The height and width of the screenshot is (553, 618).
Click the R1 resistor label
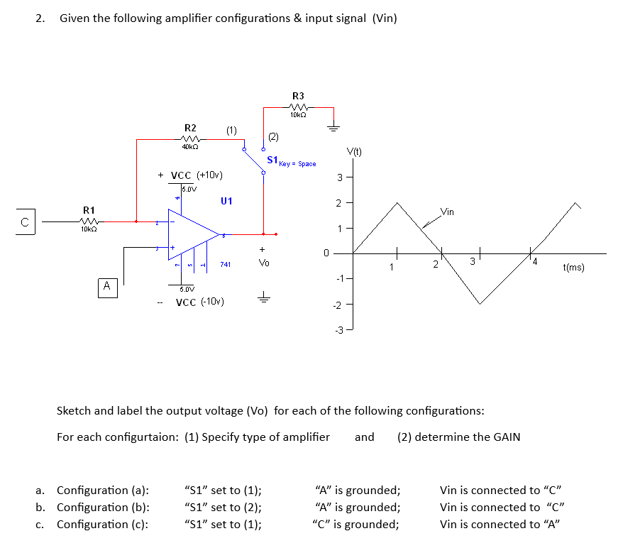(89, 210)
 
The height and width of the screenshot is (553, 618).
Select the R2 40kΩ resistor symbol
(189, 138)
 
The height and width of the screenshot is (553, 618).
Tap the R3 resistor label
(298, 96)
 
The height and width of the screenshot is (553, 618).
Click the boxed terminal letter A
(106, 286)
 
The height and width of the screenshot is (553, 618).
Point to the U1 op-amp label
(226, 201)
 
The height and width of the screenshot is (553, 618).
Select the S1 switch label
(272, 160)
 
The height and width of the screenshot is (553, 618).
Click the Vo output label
(264, 263)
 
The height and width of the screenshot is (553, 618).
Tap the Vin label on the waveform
(448, 212)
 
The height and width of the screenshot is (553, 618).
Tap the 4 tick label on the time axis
(536, 262)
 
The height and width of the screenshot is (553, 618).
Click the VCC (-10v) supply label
(200, 302)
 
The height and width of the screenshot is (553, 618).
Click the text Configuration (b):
(102, 507)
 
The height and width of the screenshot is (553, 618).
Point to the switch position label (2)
(273, 136)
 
